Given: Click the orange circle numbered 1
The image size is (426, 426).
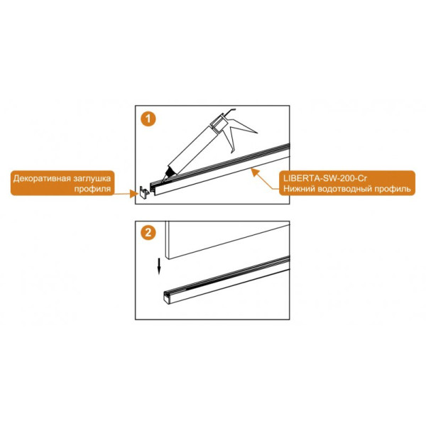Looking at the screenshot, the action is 148,119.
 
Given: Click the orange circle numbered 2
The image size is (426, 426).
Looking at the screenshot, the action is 148,233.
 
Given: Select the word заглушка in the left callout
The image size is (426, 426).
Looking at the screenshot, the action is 89,179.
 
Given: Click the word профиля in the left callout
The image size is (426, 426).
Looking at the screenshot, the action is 92,189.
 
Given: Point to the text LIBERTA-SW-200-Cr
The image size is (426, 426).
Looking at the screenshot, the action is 325,178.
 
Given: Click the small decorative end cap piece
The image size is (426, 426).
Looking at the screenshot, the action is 144,192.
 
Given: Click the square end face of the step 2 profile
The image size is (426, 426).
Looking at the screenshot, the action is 167,298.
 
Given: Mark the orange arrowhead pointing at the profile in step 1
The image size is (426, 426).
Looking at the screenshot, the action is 254,172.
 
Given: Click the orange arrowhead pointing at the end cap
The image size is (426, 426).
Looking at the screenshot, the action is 134,193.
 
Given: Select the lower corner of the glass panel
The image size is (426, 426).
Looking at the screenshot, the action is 169,259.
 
